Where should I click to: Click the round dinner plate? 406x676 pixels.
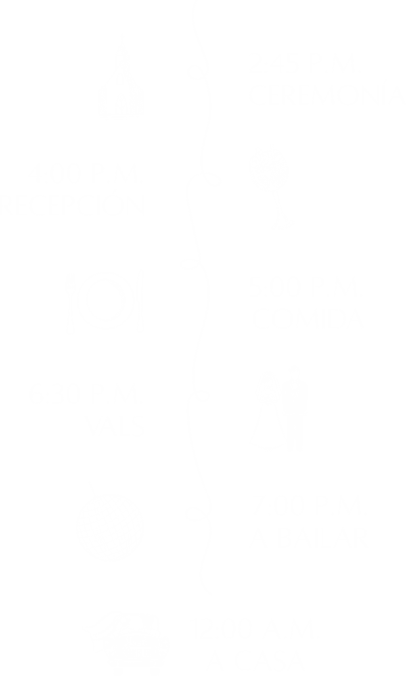pos(105,301)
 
